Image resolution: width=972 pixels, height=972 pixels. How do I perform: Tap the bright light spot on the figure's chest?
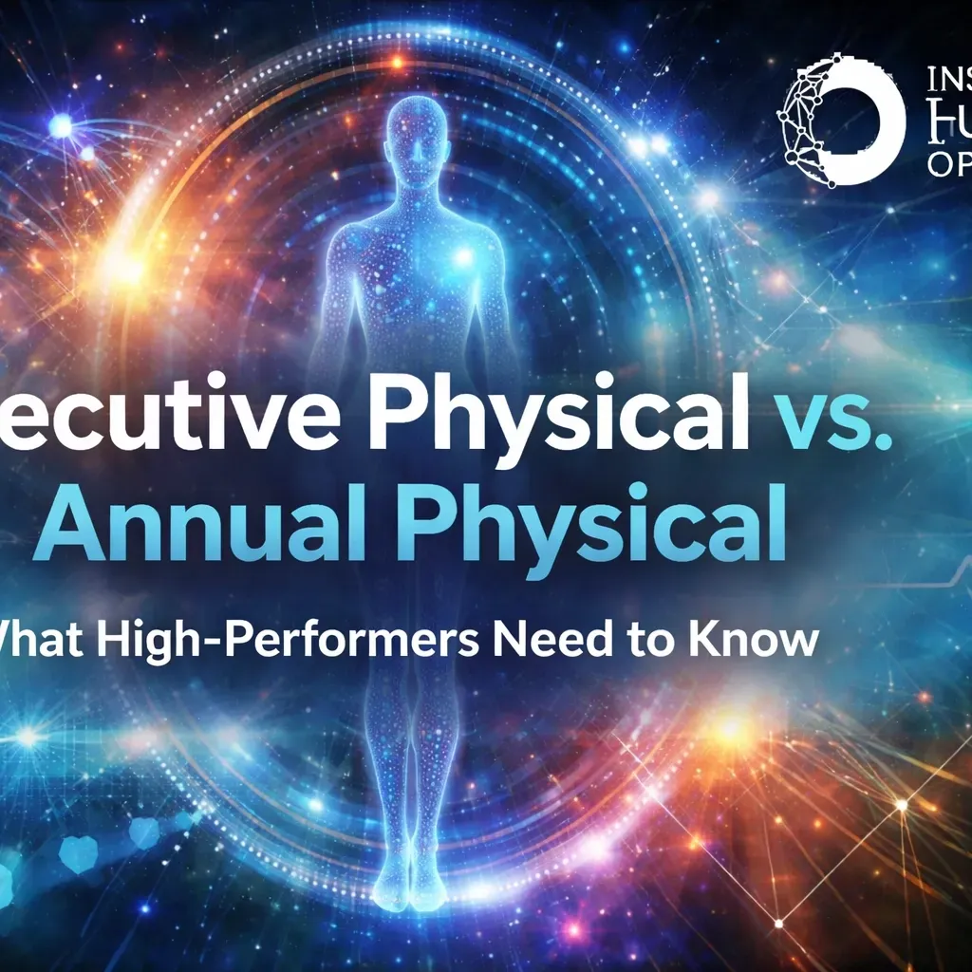(464, 257)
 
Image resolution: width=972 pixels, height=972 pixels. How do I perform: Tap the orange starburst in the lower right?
(732, 730)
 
